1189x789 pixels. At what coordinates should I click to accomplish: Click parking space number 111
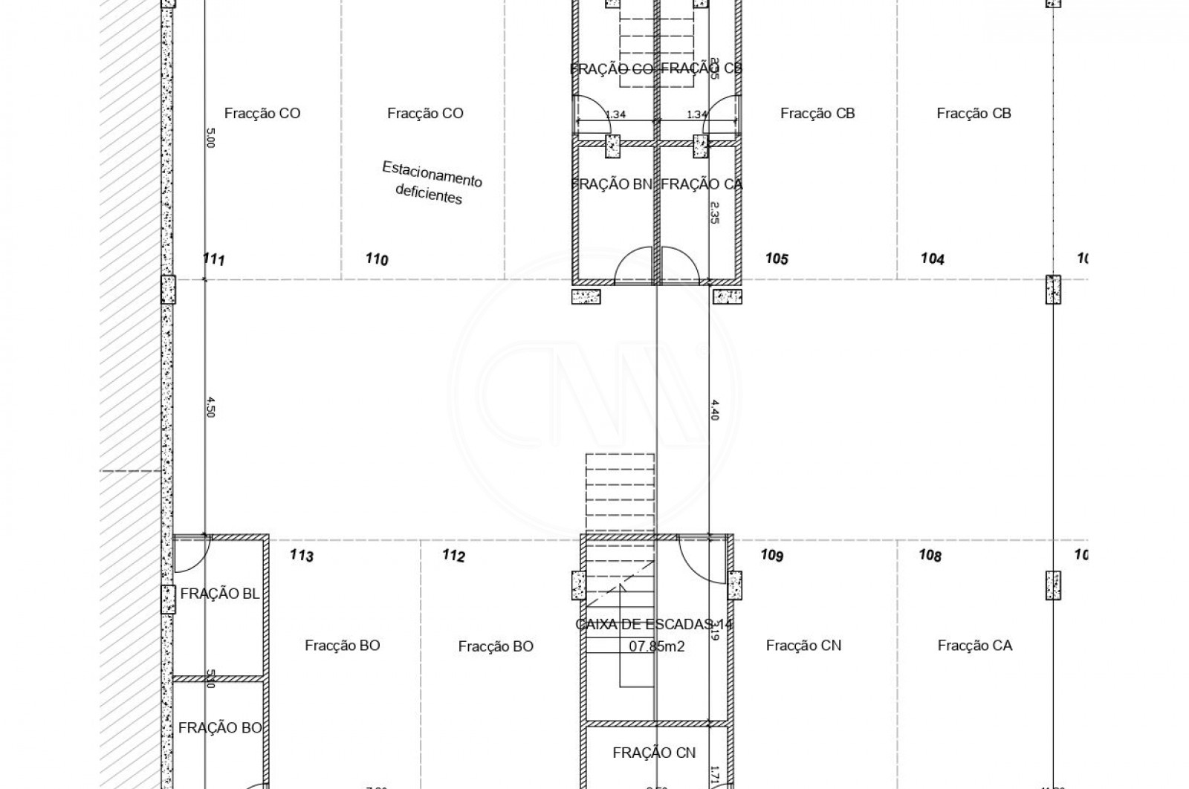213,259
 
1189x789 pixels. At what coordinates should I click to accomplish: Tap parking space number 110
377,259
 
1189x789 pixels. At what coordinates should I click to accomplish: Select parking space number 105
777,259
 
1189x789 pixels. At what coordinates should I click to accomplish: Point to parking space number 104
933,259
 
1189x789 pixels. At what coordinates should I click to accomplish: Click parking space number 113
301,556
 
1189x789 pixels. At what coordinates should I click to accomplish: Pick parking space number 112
453,556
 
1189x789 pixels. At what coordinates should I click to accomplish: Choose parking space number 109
772,555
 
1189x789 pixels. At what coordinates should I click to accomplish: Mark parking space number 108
930,556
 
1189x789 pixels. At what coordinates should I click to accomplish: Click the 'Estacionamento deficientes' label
431,182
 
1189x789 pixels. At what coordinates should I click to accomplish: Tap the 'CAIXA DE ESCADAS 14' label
654,624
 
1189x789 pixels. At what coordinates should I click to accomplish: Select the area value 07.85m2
656,646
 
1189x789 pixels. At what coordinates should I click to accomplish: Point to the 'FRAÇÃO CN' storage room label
654,753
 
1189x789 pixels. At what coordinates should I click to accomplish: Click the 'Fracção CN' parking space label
803,646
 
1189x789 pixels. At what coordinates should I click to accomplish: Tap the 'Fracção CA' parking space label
974,646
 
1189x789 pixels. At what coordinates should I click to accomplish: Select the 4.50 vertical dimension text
210,407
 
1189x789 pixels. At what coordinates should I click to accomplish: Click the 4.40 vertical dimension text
715,409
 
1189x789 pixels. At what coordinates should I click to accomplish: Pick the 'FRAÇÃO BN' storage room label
612,184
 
